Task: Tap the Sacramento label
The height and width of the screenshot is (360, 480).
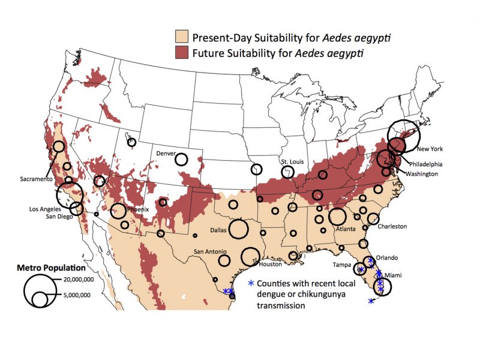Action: tap(35, 179)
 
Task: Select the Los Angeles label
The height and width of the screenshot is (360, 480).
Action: tap(47, 209)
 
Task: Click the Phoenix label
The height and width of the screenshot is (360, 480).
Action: tap(137, 209)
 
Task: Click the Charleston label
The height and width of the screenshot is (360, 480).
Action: tap(392, 226)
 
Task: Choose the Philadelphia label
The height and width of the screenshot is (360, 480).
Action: tap(426, 164)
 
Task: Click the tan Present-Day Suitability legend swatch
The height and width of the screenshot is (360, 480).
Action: tap(181, 37)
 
